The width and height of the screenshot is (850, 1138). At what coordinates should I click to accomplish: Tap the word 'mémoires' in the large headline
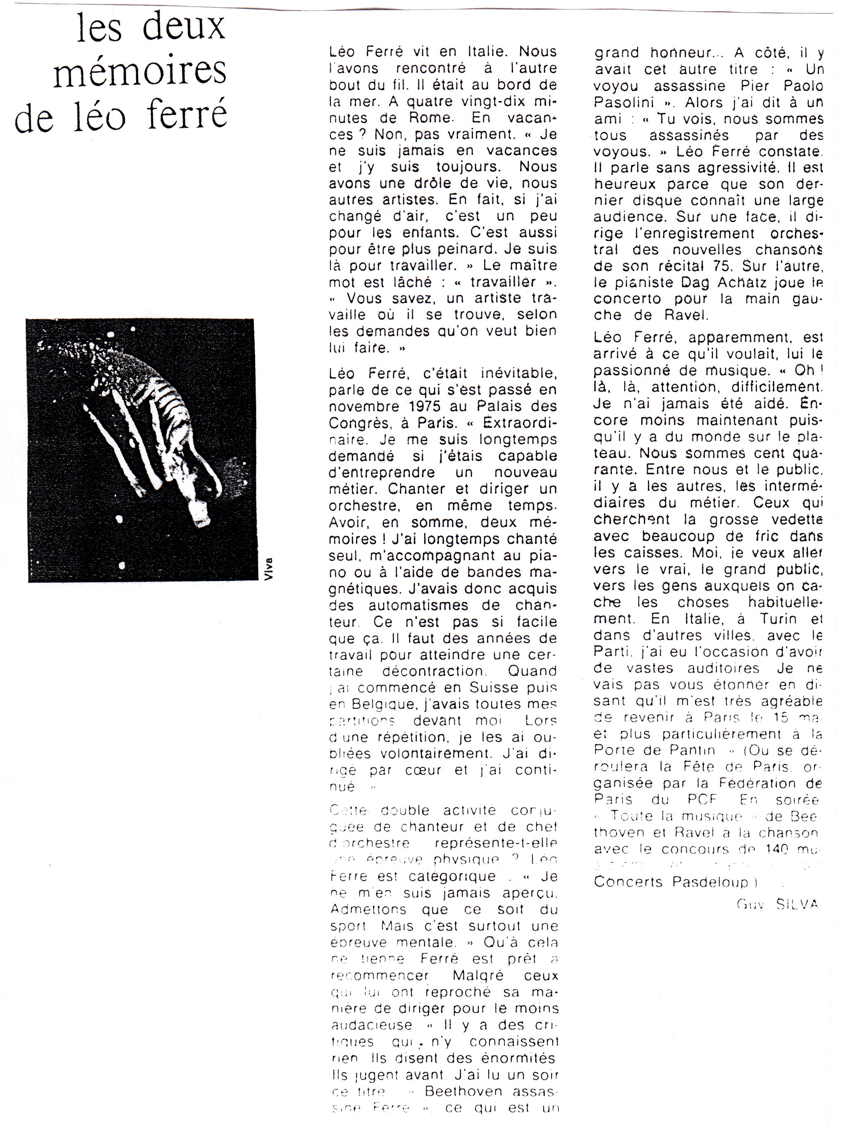coord(139,71)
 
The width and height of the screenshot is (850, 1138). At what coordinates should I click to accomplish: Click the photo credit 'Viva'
coord(268,569)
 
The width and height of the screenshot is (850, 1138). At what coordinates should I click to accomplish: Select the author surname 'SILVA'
coord(797,904)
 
